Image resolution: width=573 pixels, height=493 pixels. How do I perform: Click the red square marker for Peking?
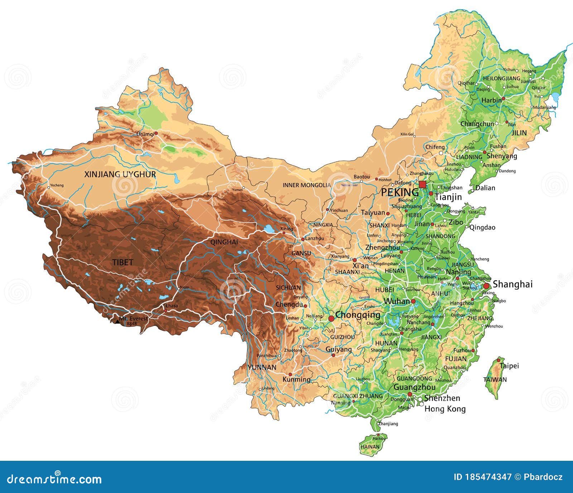pyautogui.click(x=423, y=184)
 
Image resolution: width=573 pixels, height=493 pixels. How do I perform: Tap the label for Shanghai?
pyautogui.click(x=512, y=284)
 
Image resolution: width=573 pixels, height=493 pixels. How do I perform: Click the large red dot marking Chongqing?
pyautogui.click(x=331, y=318)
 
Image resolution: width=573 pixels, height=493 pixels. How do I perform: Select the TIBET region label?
pyautogui.click(x=122, y=262)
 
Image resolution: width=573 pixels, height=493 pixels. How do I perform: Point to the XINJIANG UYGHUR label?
pyautogui.click(x=120, y=174)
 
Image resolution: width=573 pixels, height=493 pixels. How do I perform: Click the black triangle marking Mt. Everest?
pyautogui.click(x=117, y=322)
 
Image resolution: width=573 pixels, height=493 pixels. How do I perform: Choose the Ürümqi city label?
pyautogui.click(x=145, y=134)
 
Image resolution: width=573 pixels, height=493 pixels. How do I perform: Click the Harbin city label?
pyautogui.click(x=491, y=100)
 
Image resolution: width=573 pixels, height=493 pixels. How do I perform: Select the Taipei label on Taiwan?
pyautogui.click(x=509, y=366)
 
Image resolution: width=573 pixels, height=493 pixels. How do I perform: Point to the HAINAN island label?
pyautogui.click(x=370, y=447)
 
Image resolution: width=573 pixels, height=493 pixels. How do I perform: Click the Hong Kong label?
pyautogui.click(x=445, y=409)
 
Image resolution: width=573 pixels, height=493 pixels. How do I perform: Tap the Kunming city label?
pyautogui.click(x=296, y=379)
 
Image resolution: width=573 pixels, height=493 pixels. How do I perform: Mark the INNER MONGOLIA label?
pyautogui.click(x=307, y=185)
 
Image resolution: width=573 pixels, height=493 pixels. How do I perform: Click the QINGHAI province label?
pyautogui.click(x=224, y=242)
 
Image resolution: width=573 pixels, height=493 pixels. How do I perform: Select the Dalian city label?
pyautogui.click(x=485, y=188)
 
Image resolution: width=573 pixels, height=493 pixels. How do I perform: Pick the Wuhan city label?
pyautogui.click(x=397, y=301)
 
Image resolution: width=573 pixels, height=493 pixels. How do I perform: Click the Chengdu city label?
pyautogui.click(x=289, y=305)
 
